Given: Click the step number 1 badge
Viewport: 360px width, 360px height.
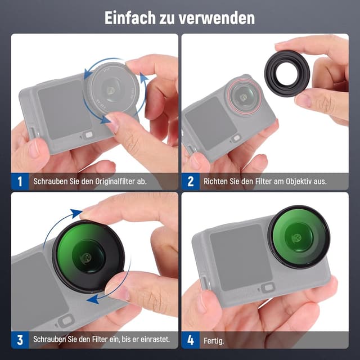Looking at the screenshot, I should [20, 182].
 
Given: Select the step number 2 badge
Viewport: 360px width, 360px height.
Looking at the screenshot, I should [190, 182].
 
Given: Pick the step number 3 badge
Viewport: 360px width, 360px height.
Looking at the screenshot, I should [20, 340].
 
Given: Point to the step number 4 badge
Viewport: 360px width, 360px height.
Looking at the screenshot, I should [190, 340].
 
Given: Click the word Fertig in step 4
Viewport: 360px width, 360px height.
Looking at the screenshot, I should [213, 340].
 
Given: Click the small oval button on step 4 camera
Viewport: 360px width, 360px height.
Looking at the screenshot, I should [269, 287].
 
